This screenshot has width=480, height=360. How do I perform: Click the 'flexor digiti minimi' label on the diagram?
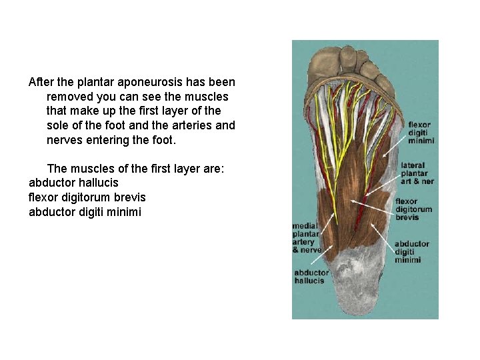tap(420, 132)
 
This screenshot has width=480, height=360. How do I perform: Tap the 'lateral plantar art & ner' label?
tap(417, 173)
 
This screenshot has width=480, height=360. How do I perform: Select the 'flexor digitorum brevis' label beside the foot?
tap(413, 209)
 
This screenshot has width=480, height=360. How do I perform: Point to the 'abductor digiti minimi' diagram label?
tap(412, 252)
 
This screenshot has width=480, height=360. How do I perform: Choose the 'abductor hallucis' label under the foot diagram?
tap(311, 277)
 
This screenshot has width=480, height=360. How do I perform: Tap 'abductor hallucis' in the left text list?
tap(73, 183)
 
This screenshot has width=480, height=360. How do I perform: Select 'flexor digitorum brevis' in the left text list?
tap(87, 197)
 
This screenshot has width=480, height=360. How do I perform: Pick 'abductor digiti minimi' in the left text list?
tap(85, 212)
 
